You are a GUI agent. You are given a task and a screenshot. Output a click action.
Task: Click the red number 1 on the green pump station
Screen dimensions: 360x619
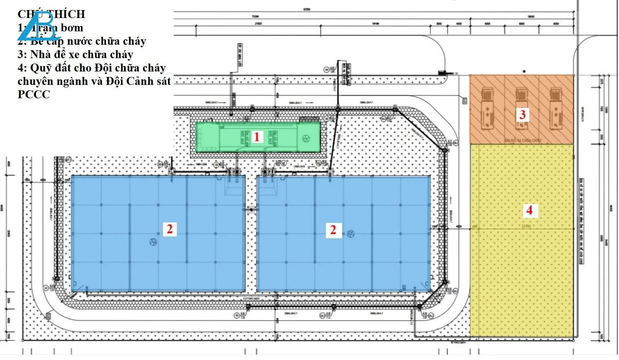[x=257, y=137]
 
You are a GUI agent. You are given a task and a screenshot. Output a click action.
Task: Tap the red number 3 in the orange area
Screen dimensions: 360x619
[x=522, y=114]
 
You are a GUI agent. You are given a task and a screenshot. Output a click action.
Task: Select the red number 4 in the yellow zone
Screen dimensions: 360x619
[x=529, y=210]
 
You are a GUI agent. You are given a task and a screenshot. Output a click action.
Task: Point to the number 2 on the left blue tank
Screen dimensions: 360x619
[x=169, y=229]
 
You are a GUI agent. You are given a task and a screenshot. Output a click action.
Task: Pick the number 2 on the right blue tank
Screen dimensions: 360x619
[x=333, y=230]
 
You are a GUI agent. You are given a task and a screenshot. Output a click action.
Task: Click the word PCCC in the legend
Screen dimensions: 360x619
[x=33, y=94]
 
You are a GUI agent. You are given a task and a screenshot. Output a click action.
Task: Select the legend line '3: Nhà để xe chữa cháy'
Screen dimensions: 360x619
[x=75, y=54]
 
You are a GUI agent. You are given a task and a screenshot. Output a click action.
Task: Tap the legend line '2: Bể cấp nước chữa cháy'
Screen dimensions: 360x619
[x=82, y=41]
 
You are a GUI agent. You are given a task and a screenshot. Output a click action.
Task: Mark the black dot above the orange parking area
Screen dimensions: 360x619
[x=524, y=71]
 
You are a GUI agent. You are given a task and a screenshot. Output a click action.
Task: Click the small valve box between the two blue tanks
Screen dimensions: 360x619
[x=251, y=210]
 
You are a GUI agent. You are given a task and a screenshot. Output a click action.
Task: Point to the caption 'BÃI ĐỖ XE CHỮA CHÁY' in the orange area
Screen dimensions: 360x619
[x=522, y=140]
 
